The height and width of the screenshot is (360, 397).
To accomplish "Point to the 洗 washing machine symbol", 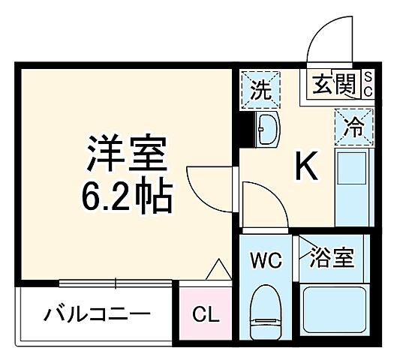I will pos(260,90).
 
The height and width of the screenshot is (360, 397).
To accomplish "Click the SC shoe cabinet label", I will pos(369,84).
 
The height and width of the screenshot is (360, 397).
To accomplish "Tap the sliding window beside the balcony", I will pos(116,283).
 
